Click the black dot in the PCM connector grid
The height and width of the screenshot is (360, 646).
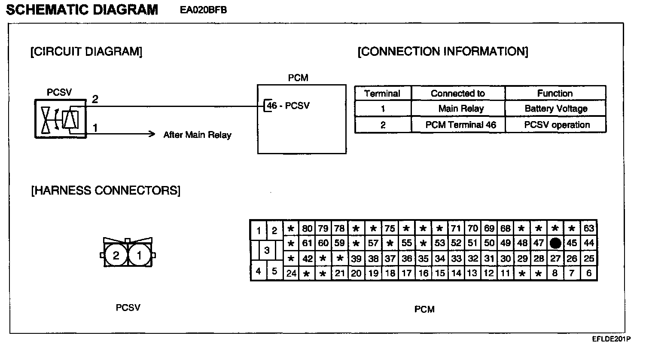click(x=555, y=243)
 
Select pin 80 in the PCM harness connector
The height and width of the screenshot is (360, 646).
click(x=307, y=228)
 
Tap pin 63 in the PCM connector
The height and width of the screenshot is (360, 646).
click(x=589, y=228)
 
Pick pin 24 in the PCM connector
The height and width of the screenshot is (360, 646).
click(x=291, y=273)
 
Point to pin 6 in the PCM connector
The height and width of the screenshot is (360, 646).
click(x=589, y=273)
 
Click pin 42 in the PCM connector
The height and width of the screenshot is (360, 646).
click(x=307, y=259)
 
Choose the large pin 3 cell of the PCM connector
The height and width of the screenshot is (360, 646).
click(x=267, y=250)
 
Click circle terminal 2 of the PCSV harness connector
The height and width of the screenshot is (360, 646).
click(x=116, y=256)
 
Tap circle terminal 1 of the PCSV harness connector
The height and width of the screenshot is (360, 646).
click(x=139, y=256)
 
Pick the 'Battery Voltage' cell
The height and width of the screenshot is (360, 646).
click(x=555, y=109)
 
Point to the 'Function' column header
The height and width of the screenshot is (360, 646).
click(x=555, y=93)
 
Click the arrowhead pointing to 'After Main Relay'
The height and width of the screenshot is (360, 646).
click(x=151, y=134)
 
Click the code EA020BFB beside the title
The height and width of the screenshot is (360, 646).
click(x=203, y=10)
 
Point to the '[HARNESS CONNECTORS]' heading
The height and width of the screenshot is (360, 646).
click(x=106, y=190)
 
